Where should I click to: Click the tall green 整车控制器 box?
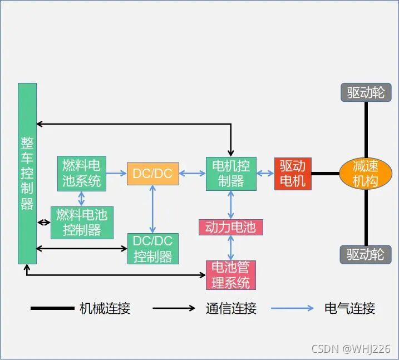tap(27, 173)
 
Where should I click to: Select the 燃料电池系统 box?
tap(82, 173)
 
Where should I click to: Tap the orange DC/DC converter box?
tap(152, 174)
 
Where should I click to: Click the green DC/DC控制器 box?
tap(153, 249)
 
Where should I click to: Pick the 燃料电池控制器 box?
tap(82, 223)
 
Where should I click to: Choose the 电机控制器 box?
tap(231, 173)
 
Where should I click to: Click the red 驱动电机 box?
tap(292, 174)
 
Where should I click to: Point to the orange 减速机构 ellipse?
tap(366, 174)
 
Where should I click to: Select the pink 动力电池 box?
tap(230, 227)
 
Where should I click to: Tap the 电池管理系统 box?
tap(231, 275)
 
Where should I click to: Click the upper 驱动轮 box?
tap(366, 92)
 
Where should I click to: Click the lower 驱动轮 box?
tap(366, 254)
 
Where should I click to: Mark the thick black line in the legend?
tap(52, 308)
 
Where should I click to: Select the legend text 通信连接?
tap(231, 308)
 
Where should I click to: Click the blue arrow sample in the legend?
tap(293, 308)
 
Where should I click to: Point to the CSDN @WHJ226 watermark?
tap(351, 349)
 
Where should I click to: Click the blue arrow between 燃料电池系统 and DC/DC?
tap(116, 174)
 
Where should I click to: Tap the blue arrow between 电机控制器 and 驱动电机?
tap(265, 174)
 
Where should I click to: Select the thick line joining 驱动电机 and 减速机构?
tap(325, 174)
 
